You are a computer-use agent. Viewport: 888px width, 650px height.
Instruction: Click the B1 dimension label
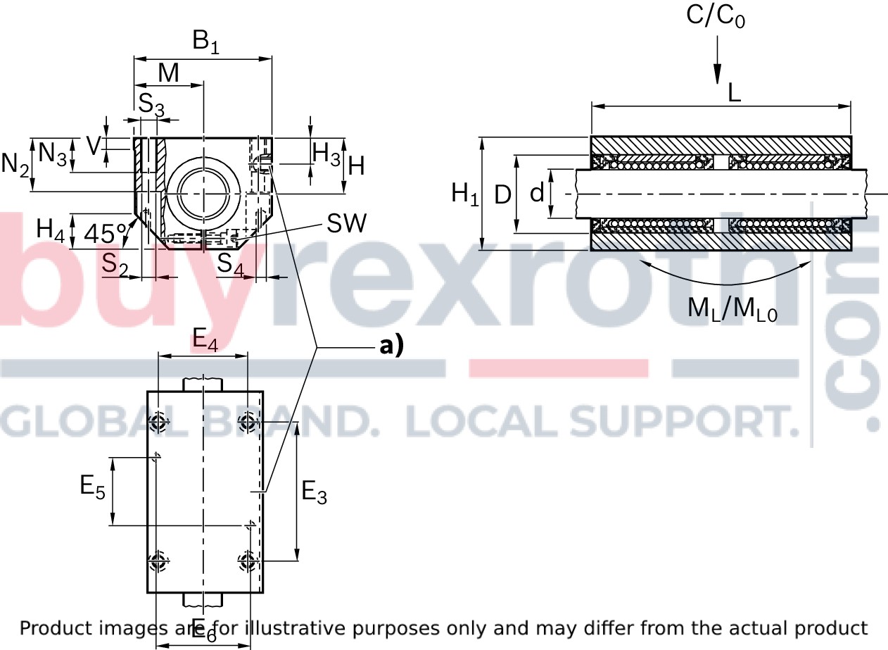(206, 44)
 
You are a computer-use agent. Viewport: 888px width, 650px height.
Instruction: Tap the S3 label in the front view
(151, 106)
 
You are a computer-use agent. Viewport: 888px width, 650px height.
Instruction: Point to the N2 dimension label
(15, 165)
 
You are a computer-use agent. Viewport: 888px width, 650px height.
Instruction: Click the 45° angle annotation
(106, 232)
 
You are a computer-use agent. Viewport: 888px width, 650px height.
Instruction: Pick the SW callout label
(346, 224)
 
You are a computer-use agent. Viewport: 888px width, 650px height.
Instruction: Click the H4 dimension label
(51, 230)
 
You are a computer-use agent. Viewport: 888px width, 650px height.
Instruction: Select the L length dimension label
(735, 92)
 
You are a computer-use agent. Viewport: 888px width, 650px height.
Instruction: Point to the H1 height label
(464, 193)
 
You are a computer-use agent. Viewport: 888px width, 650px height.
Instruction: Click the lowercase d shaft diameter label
(537, 192)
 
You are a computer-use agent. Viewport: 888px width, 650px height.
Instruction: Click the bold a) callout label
(391, 346)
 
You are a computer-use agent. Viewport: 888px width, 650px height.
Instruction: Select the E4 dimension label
(205, 342)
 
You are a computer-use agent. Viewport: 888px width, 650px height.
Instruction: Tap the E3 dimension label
(314, 492)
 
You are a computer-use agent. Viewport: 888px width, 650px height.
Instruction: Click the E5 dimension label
(92, 487)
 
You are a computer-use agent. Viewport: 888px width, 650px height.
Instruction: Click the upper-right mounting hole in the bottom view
(247, 422)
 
